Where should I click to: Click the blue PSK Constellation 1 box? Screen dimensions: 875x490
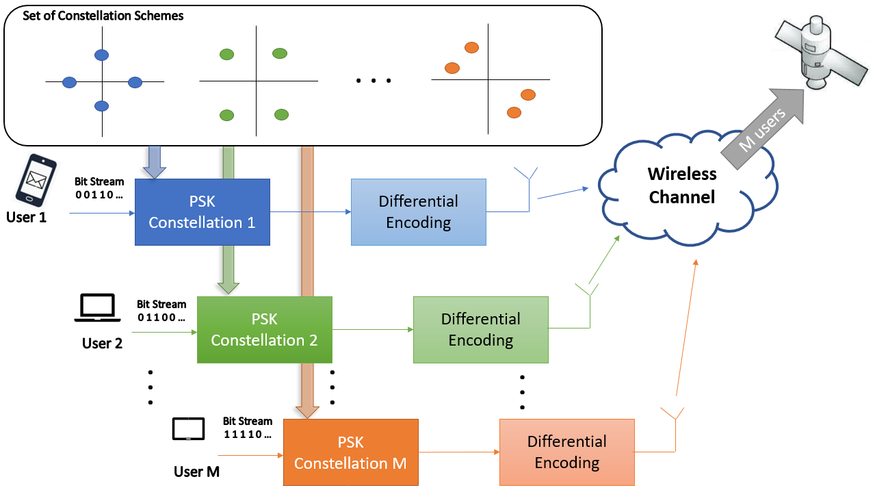coord(203,212)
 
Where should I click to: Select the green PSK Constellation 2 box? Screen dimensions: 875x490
coord(265,330)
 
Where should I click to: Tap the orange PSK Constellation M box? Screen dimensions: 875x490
coord(351,452)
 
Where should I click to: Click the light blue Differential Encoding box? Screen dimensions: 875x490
coord(419,212)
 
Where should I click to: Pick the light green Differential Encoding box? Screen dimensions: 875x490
coord(481,330)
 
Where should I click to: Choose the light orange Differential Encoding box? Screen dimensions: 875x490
coord(566,452)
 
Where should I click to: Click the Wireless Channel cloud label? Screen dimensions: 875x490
coord(682,185)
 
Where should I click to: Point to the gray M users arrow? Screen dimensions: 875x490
coord(761,129)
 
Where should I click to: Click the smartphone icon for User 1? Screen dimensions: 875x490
coord(36,180)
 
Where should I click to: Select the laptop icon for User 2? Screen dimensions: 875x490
coord(97,308)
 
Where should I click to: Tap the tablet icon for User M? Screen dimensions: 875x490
coord(188,429)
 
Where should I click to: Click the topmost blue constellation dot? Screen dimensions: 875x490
coord(101,55)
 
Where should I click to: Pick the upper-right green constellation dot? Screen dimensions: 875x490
coord(280,53)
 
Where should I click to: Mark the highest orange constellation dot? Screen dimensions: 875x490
coord(471,48)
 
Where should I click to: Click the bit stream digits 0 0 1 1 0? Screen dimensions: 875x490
coord(99,194)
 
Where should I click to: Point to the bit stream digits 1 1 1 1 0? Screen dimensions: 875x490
coord(247,434)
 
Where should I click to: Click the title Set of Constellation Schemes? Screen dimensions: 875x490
coord(103,16)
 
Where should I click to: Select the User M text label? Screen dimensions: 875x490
coord(196,472)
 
